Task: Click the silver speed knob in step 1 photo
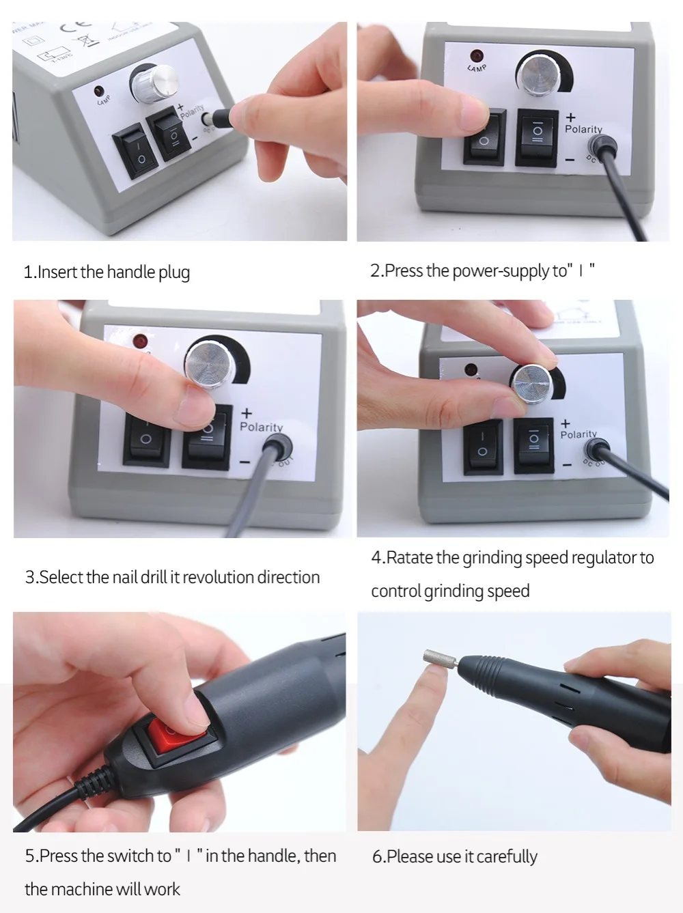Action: click(156, 85)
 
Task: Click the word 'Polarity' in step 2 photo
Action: click(583, 129)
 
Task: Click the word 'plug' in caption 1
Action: click(174, 272)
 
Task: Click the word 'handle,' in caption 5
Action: click(273, 856)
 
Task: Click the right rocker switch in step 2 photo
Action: click(537, 137)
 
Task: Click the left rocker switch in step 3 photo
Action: click(146, 437)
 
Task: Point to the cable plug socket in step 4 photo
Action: click(596, 449)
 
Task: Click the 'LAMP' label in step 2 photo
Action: click(477, 68)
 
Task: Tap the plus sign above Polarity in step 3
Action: click(247, 412)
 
